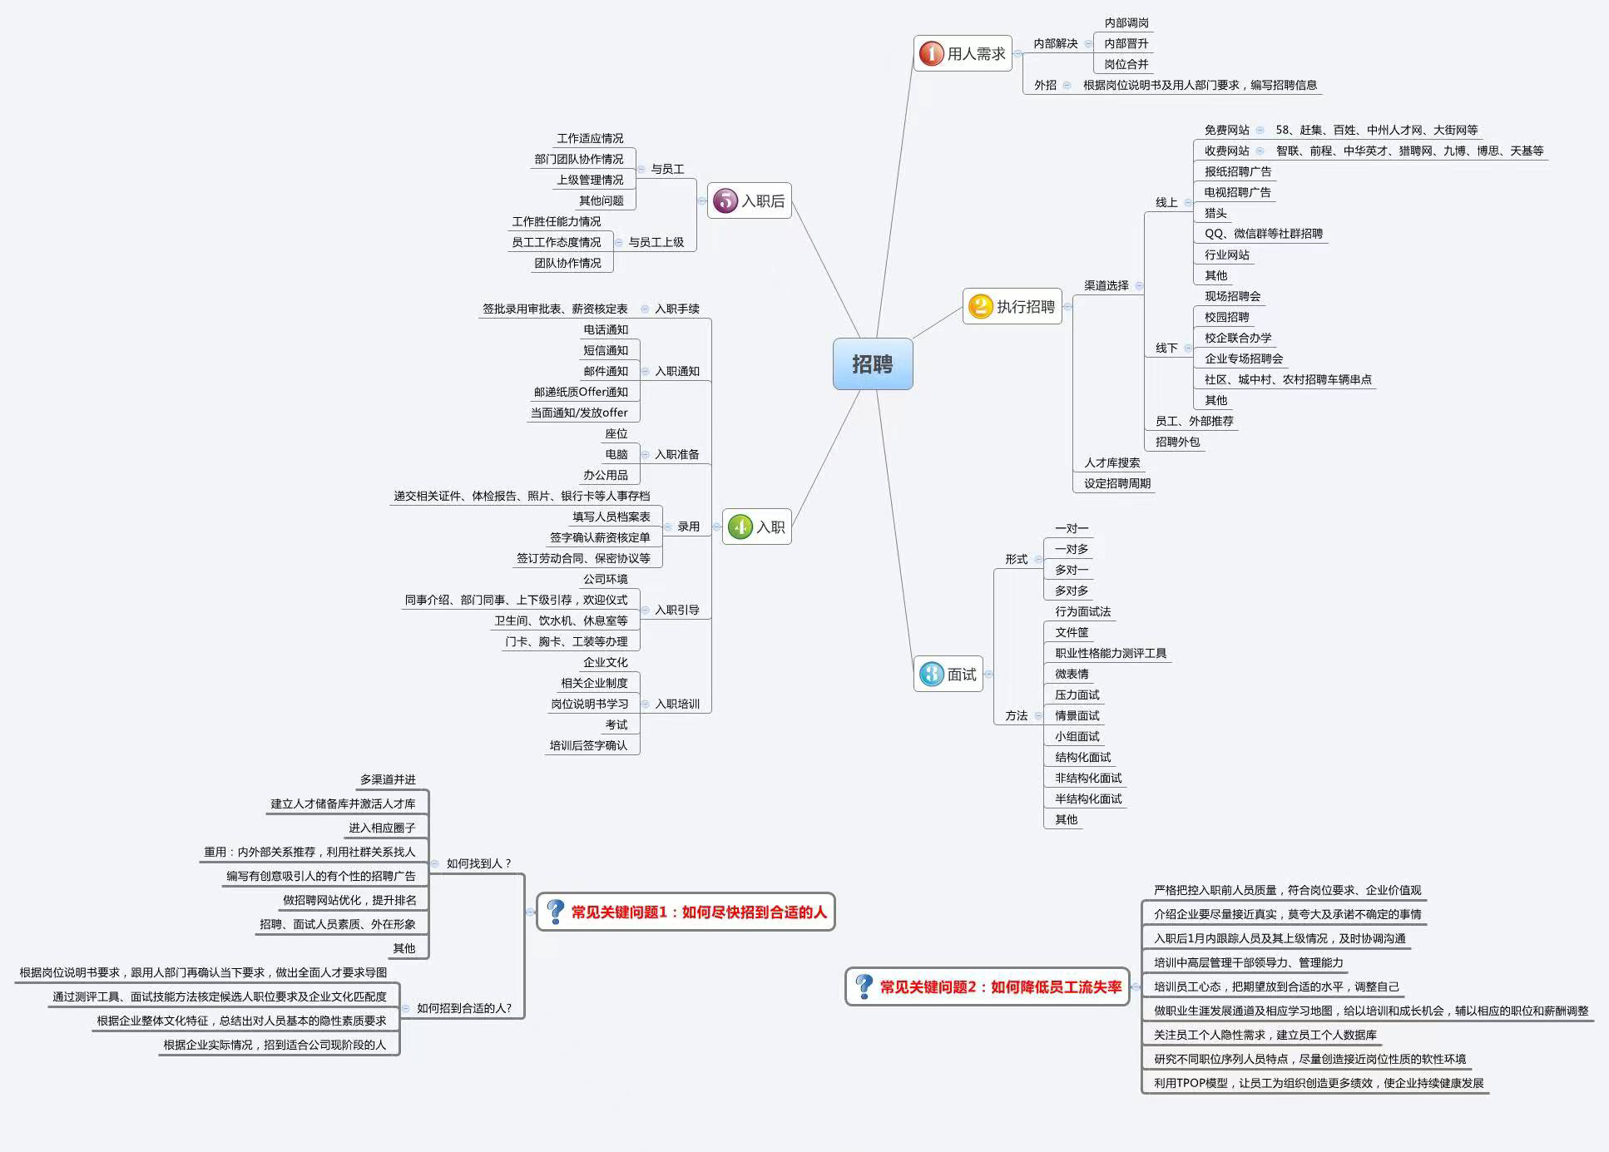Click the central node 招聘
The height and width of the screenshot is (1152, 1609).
click(873, 364)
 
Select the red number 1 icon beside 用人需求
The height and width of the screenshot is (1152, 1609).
click(931, 54)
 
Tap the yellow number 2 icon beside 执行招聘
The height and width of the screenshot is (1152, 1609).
click(981, 307)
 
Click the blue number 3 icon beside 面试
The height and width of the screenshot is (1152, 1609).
click(932, 675)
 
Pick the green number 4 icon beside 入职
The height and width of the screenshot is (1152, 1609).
click(740, 527)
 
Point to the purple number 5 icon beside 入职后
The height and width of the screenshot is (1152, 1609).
click(725, 200)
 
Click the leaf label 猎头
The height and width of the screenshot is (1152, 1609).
click(1215, 213)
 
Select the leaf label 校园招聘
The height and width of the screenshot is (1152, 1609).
click(1226, 317)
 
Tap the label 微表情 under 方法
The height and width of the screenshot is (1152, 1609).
click(1072, 674)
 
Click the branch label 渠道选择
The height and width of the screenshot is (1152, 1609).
click(1106, 285)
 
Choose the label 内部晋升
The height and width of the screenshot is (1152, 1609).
click(1126, 43)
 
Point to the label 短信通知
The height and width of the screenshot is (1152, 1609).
click(606, 350)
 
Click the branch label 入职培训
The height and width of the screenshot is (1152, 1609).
click(677, 704)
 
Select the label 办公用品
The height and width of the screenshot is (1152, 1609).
click(606, 475)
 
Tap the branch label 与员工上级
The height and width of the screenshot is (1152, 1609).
click(656, 242)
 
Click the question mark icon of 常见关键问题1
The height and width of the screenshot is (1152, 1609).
click(555, 912)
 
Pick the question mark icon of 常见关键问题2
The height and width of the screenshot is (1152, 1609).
click(864, 987)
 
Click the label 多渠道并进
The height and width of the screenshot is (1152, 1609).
click(388, 779)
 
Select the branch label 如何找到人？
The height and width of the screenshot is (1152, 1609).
click(479, 863)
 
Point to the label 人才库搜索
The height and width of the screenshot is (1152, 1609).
click(1111, 462)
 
